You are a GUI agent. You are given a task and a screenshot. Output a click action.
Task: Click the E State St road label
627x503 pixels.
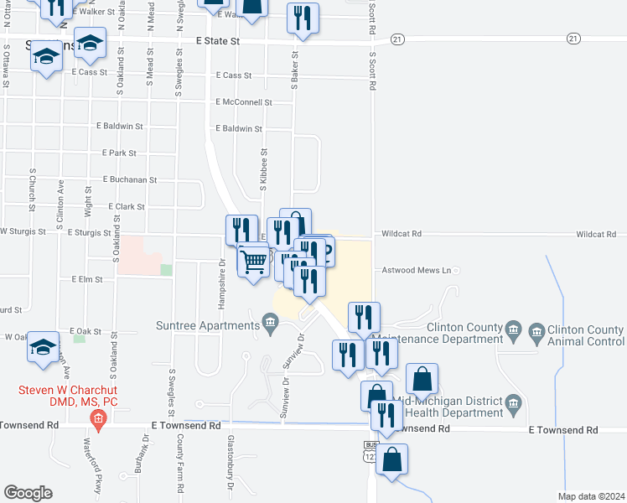tap(218, 40)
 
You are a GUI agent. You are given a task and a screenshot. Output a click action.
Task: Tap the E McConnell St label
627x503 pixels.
tap(243, 102)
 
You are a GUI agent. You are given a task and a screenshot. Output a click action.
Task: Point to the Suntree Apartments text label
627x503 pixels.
tap(207, 325)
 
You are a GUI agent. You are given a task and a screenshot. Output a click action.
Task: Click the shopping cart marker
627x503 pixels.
tap(253, 260)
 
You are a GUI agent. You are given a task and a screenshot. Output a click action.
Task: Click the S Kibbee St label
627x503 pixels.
tap(263, 170)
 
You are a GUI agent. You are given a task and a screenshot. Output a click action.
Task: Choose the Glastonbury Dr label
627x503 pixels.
tap(230, 462)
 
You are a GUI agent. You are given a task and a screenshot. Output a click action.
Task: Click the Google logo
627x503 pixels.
tap(28, 493)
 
